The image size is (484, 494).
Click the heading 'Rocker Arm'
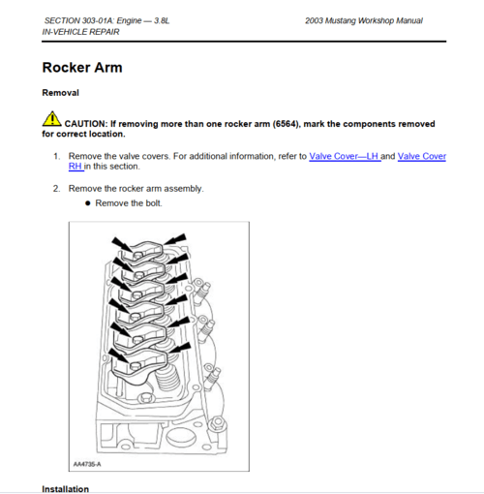point(81,68)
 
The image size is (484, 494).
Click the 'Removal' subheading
point(60,93)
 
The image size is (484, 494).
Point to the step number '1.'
point(57,156)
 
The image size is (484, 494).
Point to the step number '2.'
point(57,188)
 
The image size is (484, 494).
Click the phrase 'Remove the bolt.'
point(129,203)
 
